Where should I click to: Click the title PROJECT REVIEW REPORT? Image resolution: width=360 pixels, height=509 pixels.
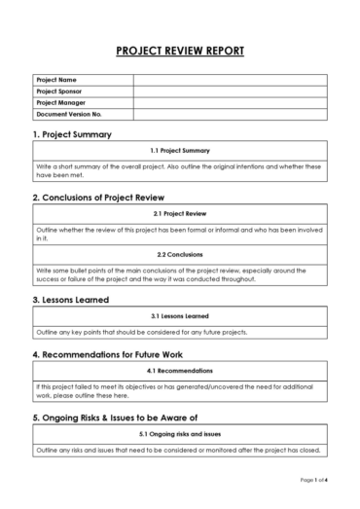click(180, 51)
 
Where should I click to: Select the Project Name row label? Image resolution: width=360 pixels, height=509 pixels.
click(55, 79)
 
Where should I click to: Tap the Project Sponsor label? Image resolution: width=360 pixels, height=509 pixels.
click(58, 91)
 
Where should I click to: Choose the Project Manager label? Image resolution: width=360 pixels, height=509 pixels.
click(59, 102)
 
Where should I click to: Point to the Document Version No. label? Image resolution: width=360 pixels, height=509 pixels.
click(68, 114)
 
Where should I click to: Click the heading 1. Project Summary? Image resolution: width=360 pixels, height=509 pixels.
click(72, 134)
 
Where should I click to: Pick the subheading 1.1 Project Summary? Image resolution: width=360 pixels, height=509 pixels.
click(180, 151)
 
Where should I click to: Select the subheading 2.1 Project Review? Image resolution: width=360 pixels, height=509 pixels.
click(180, 213)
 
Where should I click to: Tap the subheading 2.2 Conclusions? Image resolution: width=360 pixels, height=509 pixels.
click(180, 255)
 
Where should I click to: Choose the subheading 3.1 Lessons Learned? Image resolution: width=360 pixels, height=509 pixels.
click(180, 316)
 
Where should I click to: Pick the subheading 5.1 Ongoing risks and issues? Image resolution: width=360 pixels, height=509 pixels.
click(180, 434)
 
